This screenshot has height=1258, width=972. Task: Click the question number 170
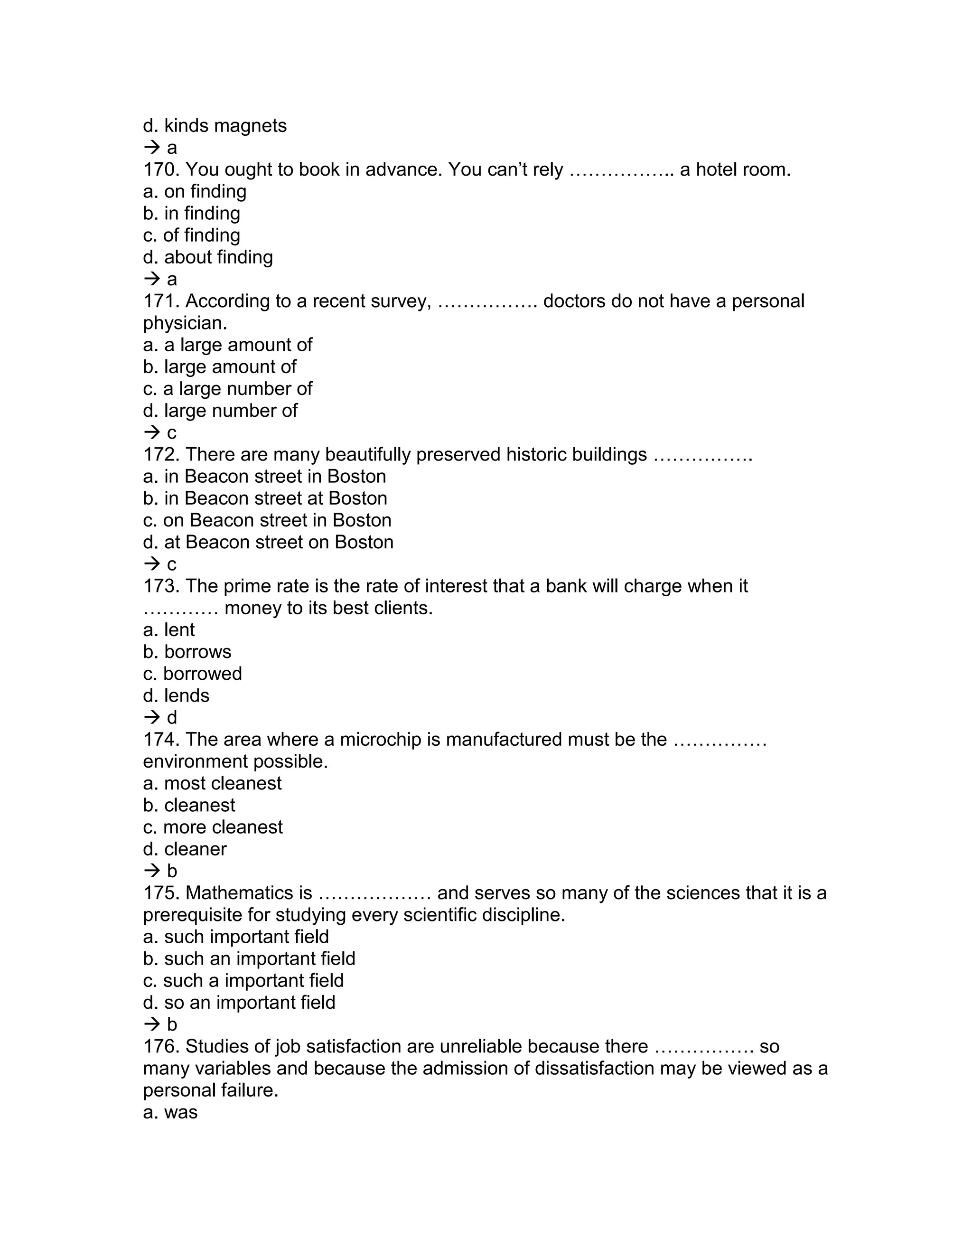click(161, 170)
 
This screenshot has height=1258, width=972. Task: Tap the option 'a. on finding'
click(195, 192)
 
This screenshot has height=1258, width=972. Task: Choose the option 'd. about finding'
click(208, 257)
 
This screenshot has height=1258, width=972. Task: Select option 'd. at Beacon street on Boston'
click(268, 543)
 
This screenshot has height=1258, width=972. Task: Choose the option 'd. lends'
click(176, 696)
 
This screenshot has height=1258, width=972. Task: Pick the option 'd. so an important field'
click(239, 1003)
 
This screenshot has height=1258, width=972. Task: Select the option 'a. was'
click(170, 1112)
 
